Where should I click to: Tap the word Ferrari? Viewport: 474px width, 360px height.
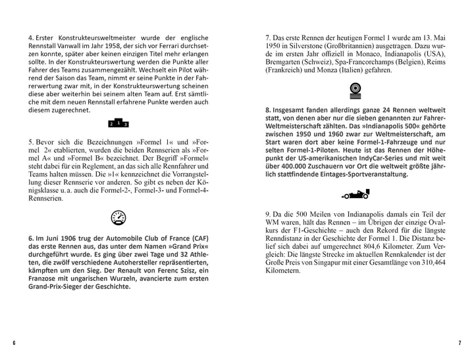pos(172,48)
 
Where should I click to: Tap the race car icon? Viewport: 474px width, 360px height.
pos(356,195)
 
